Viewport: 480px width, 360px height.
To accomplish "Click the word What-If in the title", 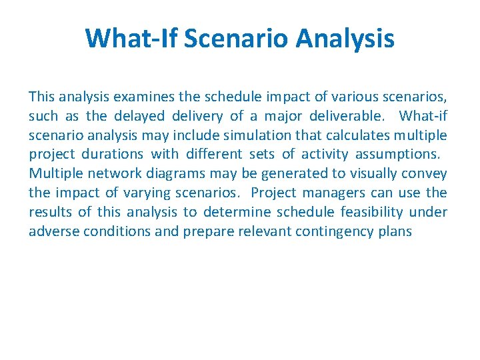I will (131, 38).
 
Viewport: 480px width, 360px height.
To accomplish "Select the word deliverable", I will (349, 116).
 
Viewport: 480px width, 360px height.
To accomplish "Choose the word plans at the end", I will (397, 231).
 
